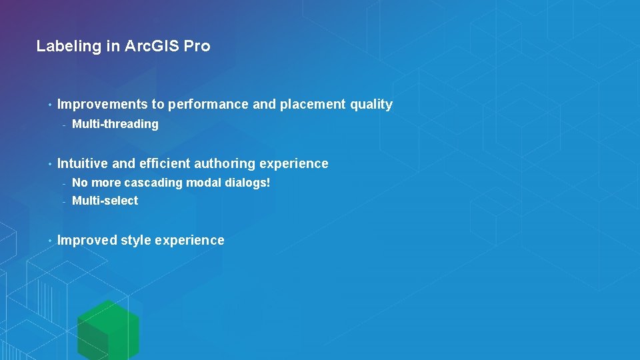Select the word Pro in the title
(197, 47)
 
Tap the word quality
(371, 105)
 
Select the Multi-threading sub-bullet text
(115, 124)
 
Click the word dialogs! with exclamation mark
(247, 183)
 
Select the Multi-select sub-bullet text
(105, 201)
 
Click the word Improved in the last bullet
(87, 241)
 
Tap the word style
(135, 241)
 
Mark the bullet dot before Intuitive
(49, 164)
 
